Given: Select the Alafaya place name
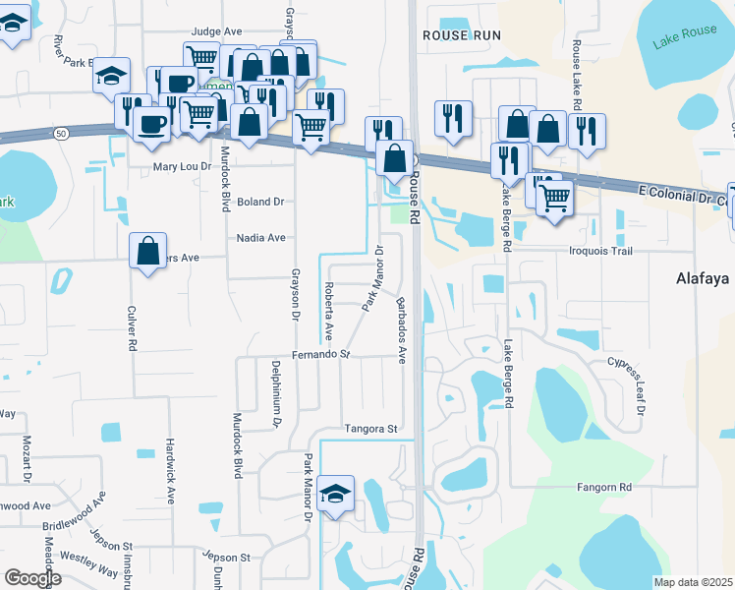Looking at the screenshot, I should [x=705, y=278].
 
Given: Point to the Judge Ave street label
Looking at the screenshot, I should [x=216, y=31].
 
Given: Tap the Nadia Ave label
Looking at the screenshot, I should [x=260, y=238].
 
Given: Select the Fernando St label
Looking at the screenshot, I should [x=320, y=354].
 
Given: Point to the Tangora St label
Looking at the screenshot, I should [x=369, y=429].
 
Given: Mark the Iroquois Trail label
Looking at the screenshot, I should [x=579, y=251].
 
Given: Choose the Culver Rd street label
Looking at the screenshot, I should [x=131, y=328].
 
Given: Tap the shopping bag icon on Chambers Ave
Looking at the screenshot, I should [x=147, y=252].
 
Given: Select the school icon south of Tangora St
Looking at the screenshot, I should [x=336, y=492].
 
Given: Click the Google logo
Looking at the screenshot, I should [x=32, y=578].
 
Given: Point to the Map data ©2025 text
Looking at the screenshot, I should [x=693, y=582].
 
